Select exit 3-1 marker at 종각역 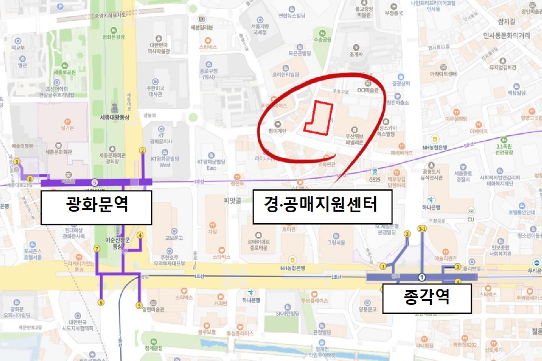[x=423, y=229]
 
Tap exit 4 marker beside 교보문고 [x=139, y=235]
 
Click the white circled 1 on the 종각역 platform [x=422, y=277]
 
